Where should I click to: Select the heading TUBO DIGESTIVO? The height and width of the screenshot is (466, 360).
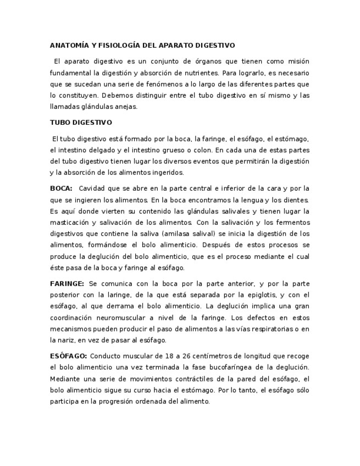click(x=81, y=123)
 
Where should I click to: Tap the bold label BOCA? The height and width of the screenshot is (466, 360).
click(x=61, y=188)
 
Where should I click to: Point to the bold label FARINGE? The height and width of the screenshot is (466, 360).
click(x=67, y=284)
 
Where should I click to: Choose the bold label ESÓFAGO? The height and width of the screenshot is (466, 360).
click(x=68, y=356)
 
